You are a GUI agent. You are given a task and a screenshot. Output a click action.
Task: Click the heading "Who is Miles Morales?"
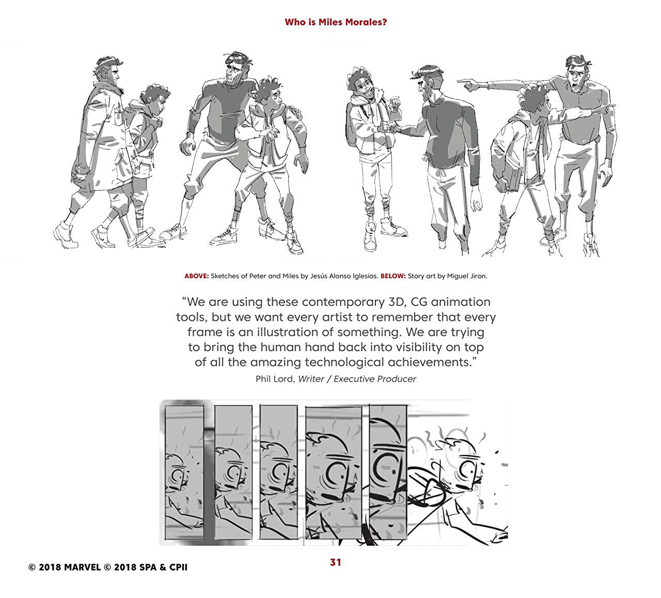coord(336,22)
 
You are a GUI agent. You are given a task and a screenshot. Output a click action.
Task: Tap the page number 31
coord(336,562)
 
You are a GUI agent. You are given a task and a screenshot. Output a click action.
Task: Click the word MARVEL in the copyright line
coord(83,568)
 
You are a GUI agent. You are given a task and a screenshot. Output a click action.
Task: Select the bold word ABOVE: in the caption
coord(196,276)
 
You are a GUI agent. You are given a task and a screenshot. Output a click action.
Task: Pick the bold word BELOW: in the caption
coord(393,276)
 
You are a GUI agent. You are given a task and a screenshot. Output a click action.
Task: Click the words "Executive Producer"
coord(375,379)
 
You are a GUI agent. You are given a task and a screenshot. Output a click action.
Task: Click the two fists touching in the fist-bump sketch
coord(388,127)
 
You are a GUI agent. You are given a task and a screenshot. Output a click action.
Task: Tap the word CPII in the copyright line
coord(178,568)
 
